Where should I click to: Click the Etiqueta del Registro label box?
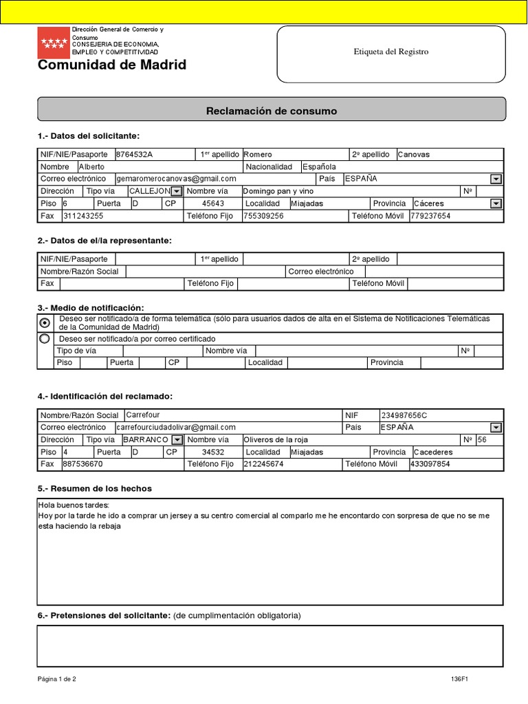(x=390, y=52)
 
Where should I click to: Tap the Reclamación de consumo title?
(x=272, y=111)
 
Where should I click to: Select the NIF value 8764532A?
(x=135, y=155)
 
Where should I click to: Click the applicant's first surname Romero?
(x=258, y=155)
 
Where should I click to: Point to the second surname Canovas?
(x=414, y=155)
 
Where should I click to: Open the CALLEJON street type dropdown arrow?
(x=176, y=191)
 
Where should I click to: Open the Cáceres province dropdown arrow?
(x=495, y=203)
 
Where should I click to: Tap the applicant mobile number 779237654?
(x=430, y=216)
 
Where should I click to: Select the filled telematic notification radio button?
(x=45, y=323)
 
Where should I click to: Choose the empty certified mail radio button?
(x=45, y=339)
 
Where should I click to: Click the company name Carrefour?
(x=143, y=415)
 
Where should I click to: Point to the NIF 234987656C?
(x=404, y=415)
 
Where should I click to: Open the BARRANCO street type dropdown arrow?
(x=177, y=440)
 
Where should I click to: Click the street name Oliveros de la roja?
(x=278, y=440)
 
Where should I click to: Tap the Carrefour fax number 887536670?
(x=82, y=464)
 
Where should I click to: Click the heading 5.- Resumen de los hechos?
(x=95, y=489)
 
